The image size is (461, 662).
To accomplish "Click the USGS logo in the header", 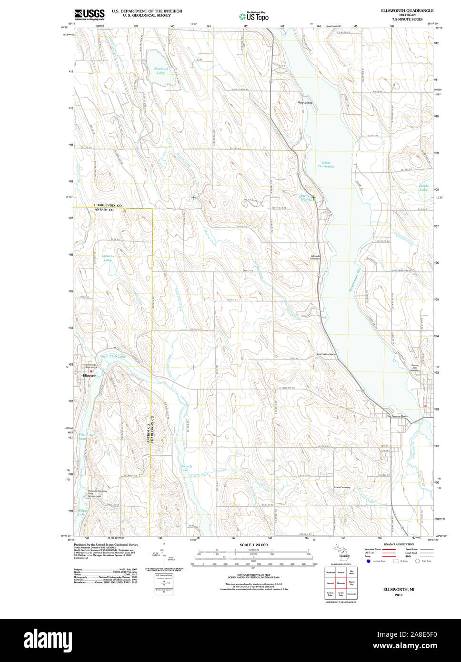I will [89, 14].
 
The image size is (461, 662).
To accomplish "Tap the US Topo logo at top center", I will [254, 16].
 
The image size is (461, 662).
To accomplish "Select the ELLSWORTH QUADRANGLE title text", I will [407, 10].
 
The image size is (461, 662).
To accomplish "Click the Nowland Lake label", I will [161, 70].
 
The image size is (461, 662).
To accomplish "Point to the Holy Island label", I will [305, 103].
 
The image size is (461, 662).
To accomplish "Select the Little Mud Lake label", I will [308, 198].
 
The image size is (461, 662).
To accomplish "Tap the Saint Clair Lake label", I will [112, 356].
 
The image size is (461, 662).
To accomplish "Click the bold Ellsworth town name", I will [90, 376].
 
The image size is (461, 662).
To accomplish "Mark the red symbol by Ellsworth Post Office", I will [91, 371].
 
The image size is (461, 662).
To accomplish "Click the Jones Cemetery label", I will [342, 487].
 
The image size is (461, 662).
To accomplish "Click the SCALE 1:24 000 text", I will [253, 545].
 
